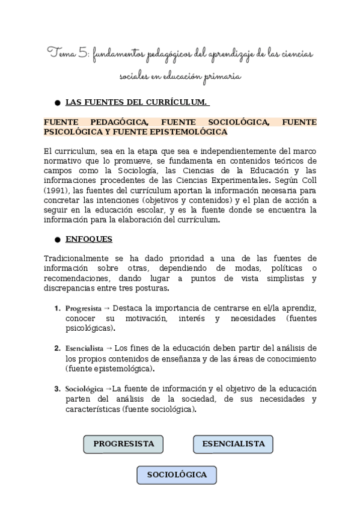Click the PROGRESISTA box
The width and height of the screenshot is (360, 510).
tap(124, 444)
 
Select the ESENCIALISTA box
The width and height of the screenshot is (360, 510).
tap(233, 444)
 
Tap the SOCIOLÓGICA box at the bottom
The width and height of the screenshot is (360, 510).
tap(177, 475)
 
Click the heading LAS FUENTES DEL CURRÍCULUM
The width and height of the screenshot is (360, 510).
tap(137, 101)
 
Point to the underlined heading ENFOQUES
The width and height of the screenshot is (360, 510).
tap(88, 239)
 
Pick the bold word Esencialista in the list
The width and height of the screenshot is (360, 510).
tap(84, 348)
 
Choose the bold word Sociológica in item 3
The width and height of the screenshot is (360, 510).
tap(84, 389)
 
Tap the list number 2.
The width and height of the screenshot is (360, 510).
tap(57, 348)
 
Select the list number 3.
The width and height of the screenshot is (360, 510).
tap(57, 389)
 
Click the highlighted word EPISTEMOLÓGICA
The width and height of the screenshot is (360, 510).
tap(193, 132)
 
